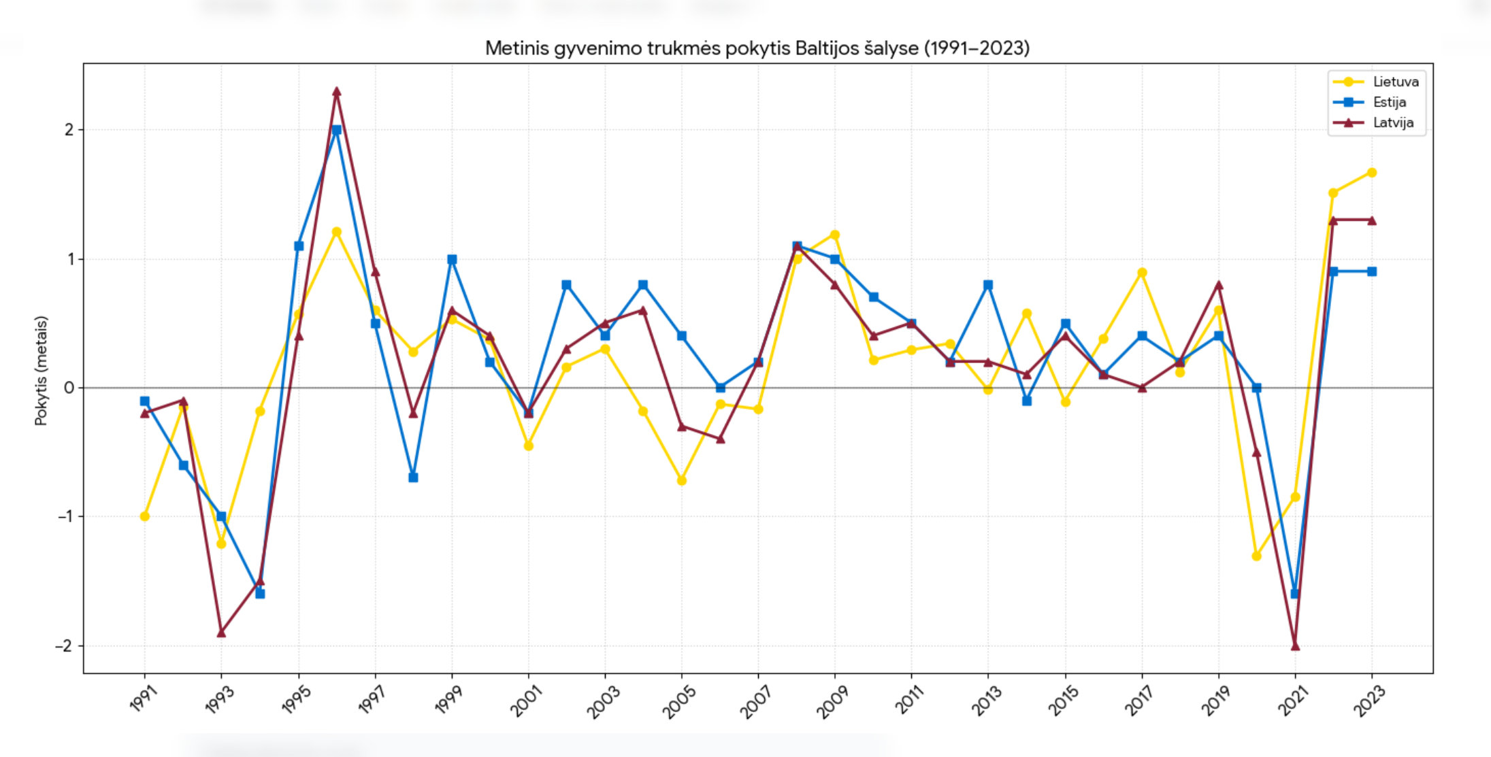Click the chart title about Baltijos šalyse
[757, 48]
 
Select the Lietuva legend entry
[1395, 82]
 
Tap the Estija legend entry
[1389, 102]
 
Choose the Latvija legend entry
[1392, 123]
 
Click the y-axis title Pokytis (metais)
[42, 371]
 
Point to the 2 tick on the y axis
[69, 130]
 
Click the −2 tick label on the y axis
[65, 645]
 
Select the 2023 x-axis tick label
[1369, 701]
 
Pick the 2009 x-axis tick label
[832, 701]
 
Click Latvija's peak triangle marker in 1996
[336, 91]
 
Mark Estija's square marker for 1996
[336, 130]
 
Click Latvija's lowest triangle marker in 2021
[1295, 645]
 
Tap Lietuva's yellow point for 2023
[1372, 173]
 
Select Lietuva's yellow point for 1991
[144, 516]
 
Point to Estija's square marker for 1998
[413, 477]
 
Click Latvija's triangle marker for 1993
[221, 633]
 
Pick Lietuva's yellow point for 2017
[1142, 273]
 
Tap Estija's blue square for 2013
[988, 285]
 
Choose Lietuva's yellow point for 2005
[682, 481]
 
